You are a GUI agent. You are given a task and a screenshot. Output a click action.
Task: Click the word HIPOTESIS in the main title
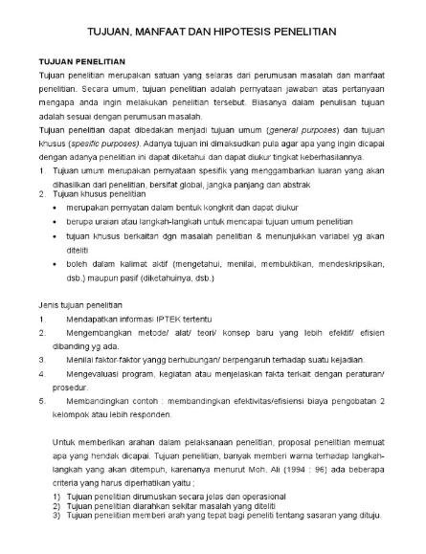click(x=243, y=32)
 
